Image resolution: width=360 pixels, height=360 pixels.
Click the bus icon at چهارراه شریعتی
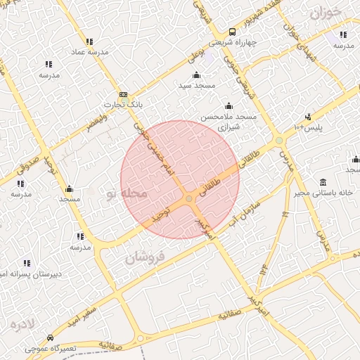pos(232,32)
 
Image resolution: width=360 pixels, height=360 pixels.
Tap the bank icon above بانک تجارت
pos(123,95)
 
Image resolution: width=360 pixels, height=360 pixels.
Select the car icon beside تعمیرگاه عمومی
pos(49,337)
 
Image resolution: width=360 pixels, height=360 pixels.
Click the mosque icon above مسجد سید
pos(195,75)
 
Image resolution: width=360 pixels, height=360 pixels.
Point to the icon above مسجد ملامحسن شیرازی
pos(226,105)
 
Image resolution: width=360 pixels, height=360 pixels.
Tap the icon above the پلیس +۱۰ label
pos(307,117)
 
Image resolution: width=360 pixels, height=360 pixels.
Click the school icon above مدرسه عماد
pos(89,42)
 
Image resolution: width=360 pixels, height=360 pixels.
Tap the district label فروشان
pos(144,258)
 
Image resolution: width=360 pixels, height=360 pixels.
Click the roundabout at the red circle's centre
pos(189,199)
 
